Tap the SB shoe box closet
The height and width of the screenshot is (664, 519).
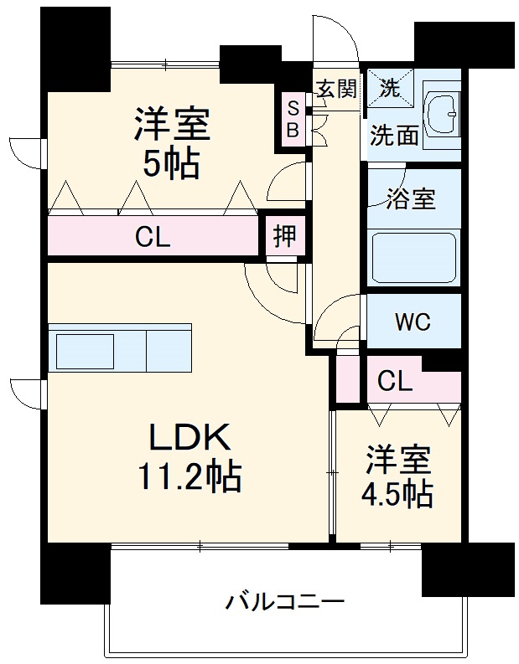point(293,119)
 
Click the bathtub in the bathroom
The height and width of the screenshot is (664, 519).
point(413,258)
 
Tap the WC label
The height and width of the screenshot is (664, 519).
point(413,322)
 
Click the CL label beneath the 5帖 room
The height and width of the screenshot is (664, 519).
point(153,237)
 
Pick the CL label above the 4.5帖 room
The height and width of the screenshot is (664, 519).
point(394,382)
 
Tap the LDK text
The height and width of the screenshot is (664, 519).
point(189,437)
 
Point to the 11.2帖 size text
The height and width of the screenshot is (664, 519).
point(189,477)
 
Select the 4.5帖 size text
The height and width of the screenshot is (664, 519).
point(398,495)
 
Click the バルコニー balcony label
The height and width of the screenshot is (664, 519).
point(285,601)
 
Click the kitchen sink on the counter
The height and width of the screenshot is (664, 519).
point(85,350)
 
